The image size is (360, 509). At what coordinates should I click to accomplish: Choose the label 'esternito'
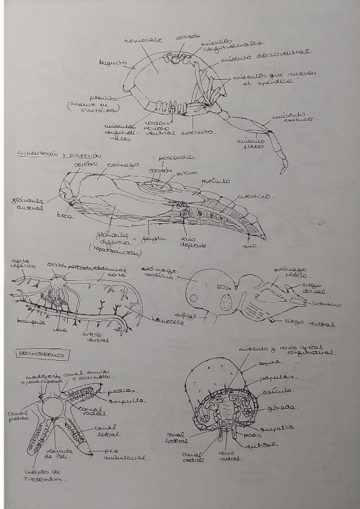click(203, 131)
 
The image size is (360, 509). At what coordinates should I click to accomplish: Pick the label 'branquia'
click(30, 321)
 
